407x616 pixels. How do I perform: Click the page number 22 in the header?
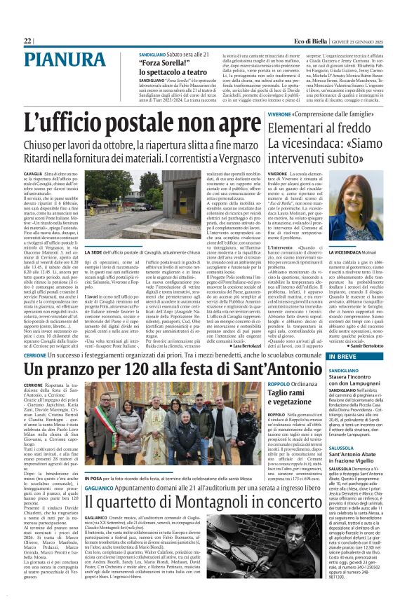[27, 41]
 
